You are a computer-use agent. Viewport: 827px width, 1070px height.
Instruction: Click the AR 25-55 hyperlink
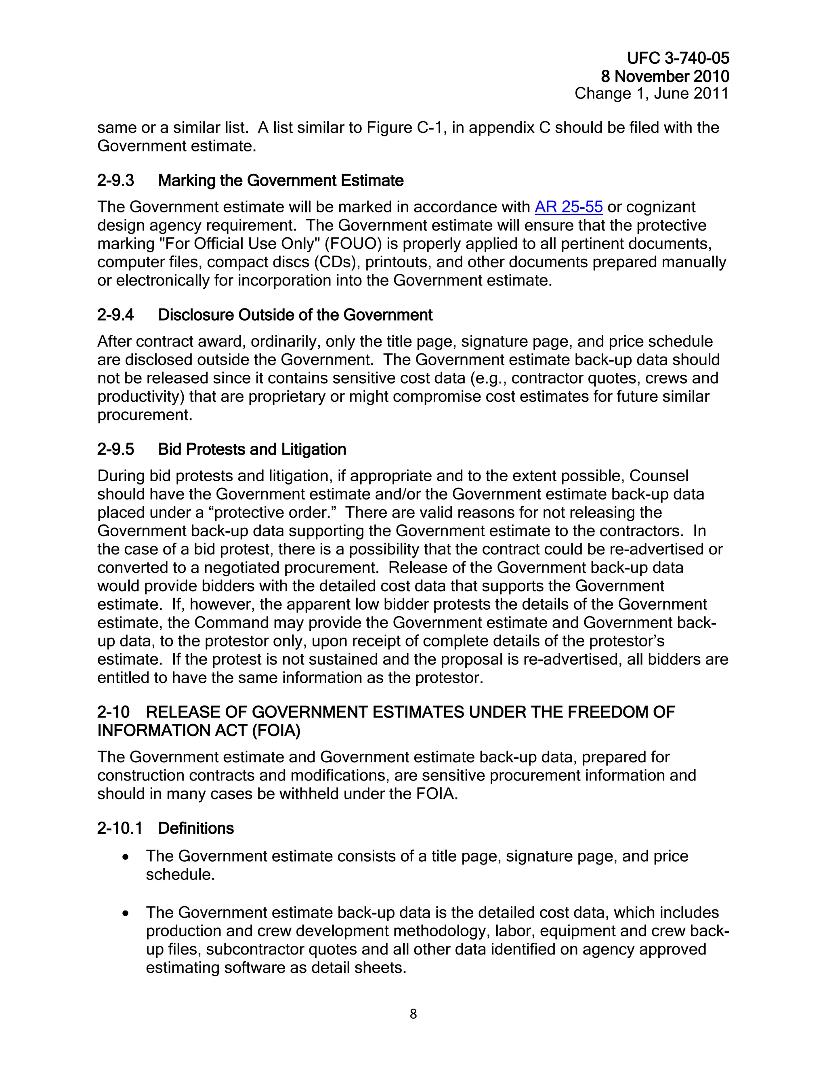pos(568,207)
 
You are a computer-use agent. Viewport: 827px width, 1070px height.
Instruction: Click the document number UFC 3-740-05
pos(678,58)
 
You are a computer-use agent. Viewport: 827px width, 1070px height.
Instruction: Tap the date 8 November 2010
pos(665,76)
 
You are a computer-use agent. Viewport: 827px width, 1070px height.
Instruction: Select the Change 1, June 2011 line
pos(652,94)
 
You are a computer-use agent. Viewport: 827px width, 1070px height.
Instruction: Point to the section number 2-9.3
pos(115,181)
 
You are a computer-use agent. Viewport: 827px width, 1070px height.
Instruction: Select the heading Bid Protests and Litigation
pos(252,450)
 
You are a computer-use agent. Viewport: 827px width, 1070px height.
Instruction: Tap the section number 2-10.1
pos(120,829)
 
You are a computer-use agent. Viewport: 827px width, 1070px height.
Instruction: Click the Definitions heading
pos(195,829)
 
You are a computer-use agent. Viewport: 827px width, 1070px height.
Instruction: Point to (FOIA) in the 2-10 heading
pos(276,730)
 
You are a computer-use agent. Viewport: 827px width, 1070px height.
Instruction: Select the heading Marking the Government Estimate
pos(281,181)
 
